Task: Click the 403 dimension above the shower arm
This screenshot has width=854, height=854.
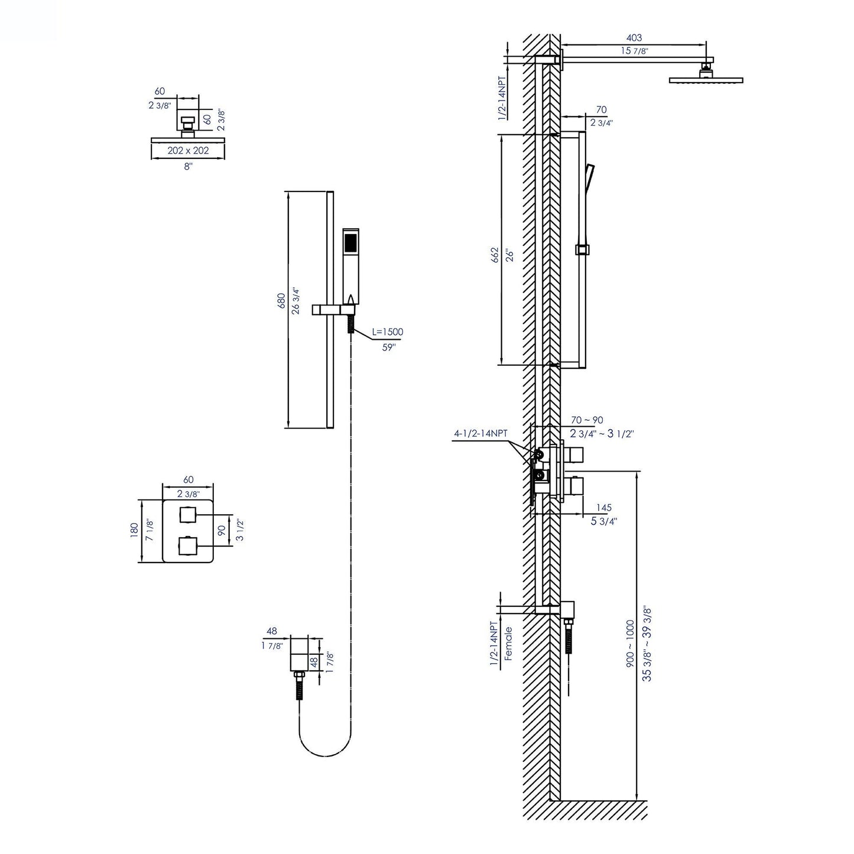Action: pos(634,38)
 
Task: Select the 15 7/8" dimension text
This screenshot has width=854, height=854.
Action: pos(634,51)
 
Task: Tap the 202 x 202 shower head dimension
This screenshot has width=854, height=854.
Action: pos(188,151)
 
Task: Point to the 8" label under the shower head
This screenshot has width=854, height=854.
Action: pos(188,167)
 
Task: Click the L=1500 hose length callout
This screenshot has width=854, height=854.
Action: pos(388,332)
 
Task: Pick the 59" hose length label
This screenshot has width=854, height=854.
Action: pos(388,348)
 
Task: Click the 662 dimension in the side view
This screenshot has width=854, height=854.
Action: pos(495,254)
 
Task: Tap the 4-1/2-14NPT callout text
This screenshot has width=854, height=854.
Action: pos(480,433)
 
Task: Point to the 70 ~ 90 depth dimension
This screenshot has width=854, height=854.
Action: pos(587,420)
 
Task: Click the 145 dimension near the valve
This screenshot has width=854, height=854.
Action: pos(603,508)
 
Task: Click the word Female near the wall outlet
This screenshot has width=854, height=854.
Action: pos(508,643)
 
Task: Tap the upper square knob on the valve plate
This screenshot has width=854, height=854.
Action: pos(188,515)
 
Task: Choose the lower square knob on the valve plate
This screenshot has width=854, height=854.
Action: pos(188,544)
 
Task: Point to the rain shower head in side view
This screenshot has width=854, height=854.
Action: pos(706,79)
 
